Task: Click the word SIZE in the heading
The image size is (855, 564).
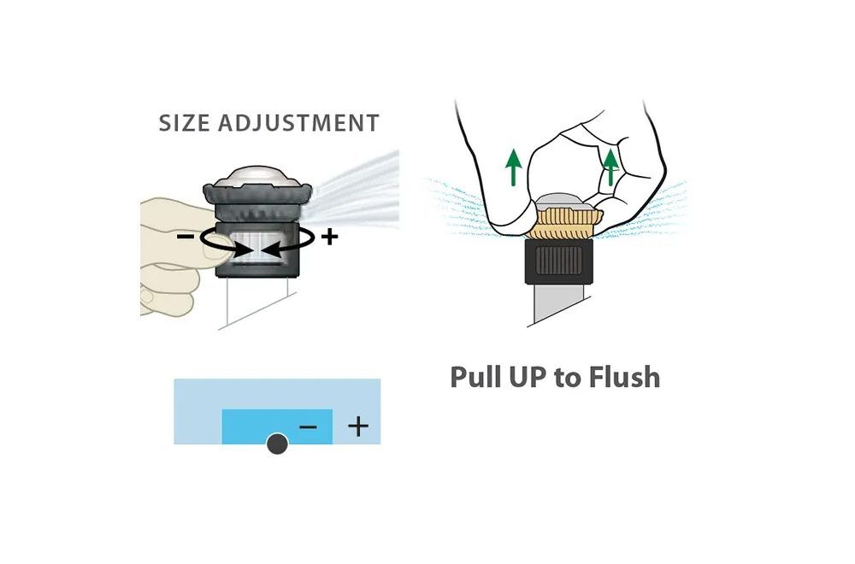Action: [x=184, y=123]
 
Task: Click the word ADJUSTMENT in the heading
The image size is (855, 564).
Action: [x=298, y=123]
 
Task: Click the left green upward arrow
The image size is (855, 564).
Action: [x=513, y=167]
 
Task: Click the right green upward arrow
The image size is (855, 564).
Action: [x=610, y=167]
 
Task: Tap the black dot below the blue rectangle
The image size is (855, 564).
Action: [x=277, y=444]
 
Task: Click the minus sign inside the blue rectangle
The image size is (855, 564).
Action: [x=308, y=426]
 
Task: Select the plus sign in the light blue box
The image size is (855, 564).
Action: [x=357, y=426]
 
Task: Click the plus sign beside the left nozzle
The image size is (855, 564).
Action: [x=329, y=237]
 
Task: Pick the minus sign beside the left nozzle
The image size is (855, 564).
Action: [x=186, y=237]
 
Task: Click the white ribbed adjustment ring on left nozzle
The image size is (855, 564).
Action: [x=256, y=248]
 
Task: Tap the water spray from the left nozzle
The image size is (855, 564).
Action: [x=355, y=188]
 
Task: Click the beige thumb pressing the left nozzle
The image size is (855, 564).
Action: [x=215, y=248]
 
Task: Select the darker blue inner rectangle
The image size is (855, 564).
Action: [x=277, y=426]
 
